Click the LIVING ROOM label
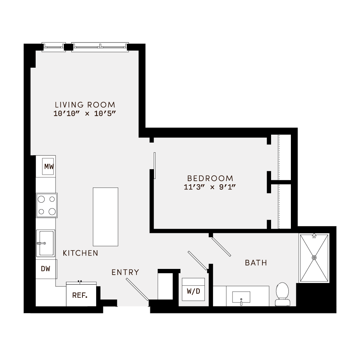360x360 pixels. pyautogui.click(x=85, y=105)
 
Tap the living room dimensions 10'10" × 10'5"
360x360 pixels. pyautogui.click(x=85, y=113)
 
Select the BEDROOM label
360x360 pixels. pyautogui.click(x=210, y=178)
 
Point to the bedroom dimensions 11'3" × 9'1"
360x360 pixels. pyautogui.click(x=210, y=187)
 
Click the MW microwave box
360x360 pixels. pyautogui.click(x=49, y=166)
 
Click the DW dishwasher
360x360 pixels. pyautogui.click(x=46, y=268)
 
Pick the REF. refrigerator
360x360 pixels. pyautogui.click(x=80, y=295)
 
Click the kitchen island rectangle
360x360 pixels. pyautogui.click(x=105, y=216)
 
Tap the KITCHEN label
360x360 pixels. pyautogui.click(x=80, y=253)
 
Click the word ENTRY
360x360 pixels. pyautogui.click(x=125, y=272)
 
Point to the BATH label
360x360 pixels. pyautogui.click(x=256, y=263)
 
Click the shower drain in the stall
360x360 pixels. pyautogui.click(x=314, y=257)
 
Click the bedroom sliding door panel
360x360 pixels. pyautogui.click(x=154, y=165)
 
